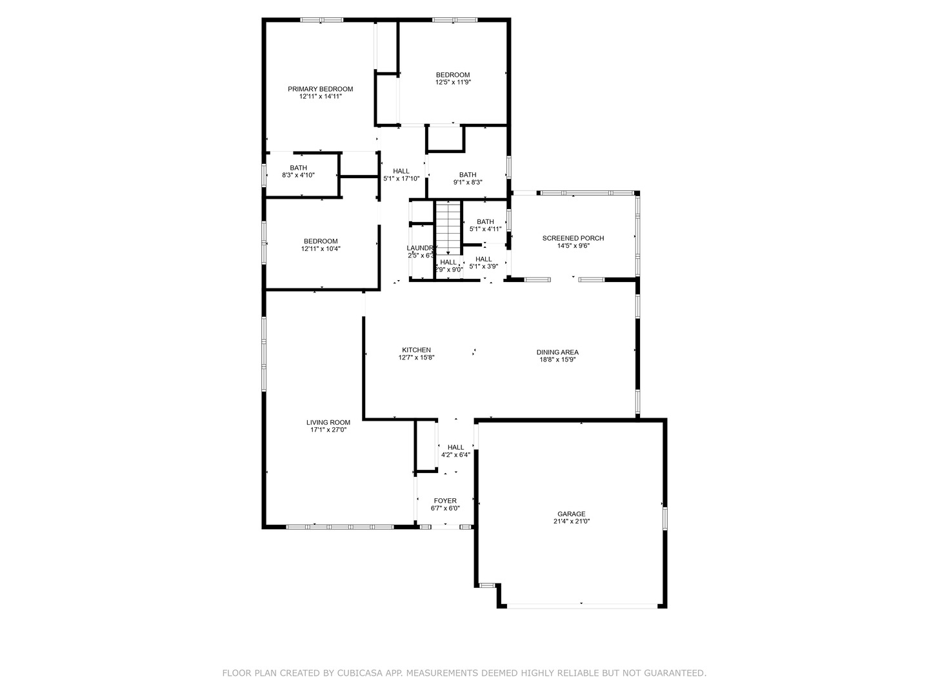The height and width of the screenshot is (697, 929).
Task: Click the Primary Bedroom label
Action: click(x=320, y=89)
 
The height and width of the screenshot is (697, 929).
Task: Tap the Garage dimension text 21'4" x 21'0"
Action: click(x=572, y=521)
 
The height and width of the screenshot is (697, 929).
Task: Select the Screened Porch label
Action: click(x=573, y=238)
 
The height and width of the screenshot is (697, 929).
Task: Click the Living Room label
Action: click(x=328, y=423)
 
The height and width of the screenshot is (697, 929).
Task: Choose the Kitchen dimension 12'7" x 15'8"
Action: click(x=416, y=358)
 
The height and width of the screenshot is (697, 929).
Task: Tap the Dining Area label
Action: click(x=557, y=352)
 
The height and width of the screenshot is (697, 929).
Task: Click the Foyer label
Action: click(x=445, y=501)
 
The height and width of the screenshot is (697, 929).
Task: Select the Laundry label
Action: click(x=421, y=248)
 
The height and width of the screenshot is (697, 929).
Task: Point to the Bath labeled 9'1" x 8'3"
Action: click(x=468, y=175)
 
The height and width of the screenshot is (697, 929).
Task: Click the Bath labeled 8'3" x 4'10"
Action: click(x=298, y=168)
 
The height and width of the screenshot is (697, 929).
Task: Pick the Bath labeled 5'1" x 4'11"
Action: click(x=485, y=222)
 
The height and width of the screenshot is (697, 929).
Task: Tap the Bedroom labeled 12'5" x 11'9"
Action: click(x=452, y=75)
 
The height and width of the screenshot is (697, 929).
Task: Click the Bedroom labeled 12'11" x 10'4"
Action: click(x=321, y=241)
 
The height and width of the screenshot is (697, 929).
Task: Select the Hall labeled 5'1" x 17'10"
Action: click(x=401, y=171)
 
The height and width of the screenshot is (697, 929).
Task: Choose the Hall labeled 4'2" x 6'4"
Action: click(x=455, y=447)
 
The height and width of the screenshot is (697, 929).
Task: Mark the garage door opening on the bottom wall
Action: click(x=581, y=605)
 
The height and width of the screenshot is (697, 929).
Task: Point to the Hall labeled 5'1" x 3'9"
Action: click(x=483, y=259)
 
